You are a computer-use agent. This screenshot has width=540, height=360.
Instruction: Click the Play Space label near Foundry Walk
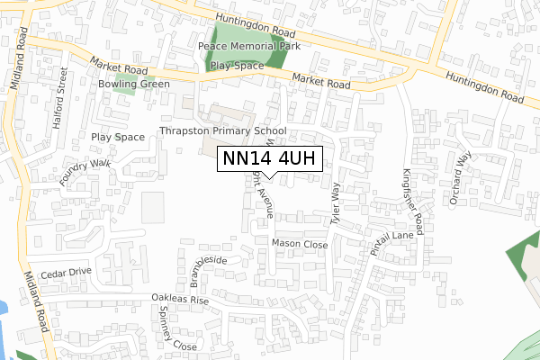[118, 137]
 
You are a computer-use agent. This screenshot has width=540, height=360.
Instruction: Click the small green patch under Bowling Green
[124, 90]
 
